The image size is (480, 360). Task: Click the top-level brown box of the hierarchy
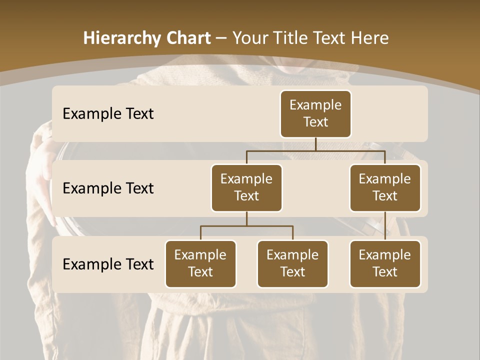point(315,113)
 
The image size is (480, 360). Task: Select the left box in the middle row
point(246,187)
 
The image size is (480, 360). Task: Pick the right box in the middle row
point(385,187)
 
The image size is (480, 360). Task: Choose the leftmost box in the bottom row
point(200,263)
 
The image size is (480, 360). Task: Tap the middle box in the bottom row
point(292,263)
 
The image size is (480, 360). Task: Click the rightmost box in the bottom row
point(385,263)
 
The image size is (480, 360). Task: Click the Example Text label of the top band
point(108,113)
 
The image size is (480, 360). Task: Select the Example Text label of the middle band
point(108,188)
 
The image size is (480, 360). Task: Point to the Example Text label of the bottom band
point(108,264)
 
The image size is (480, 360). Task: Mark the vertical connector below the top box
point(315,144)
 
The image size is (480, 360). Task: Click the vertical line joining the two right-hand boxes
point(385,226)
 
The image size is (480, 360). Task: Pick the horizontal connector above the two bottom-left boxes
point(246,226)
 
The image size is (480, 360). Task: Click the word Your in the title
point(250,38)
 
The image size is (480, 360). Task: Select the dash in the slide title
point(220,38)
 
